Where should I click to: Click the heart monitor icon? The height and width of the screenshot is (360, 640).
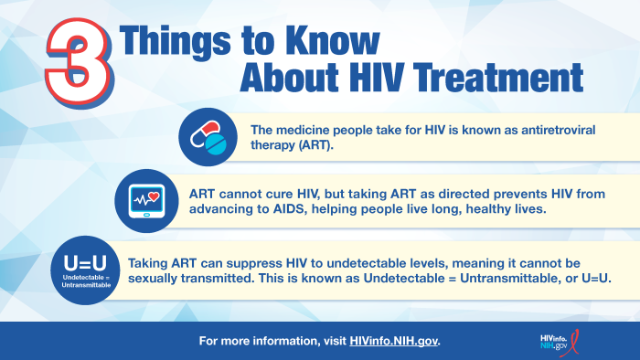pyautogui.click(x=145, y=201)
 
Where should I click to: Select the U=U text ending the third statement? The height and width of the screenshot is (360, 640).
pyautogui.click(x=595, y=278)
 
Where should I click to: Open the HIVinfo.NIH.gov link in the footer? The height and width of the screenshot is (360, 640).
pyautogui.click(x=394, y=342)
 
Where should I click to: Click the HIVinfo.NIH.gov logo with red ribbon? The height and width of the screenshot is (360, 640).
pyautogui.click(x=559, y=342)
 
